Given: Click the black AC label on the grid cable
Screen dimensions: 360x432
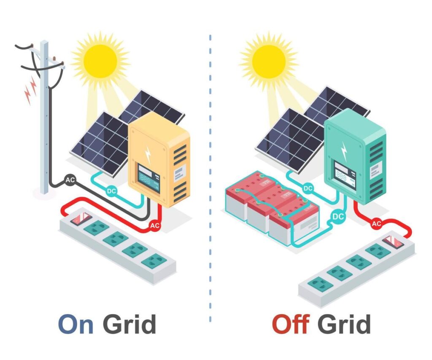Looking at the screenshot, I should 70,180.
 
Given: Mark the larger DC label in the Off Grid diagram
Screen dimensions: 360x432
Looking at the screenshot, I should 338,216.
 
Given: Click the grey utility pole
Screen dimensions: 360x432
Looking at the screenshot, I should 44,126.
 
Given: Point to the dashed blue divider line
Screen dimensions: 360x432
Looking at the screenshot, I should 210,177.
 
